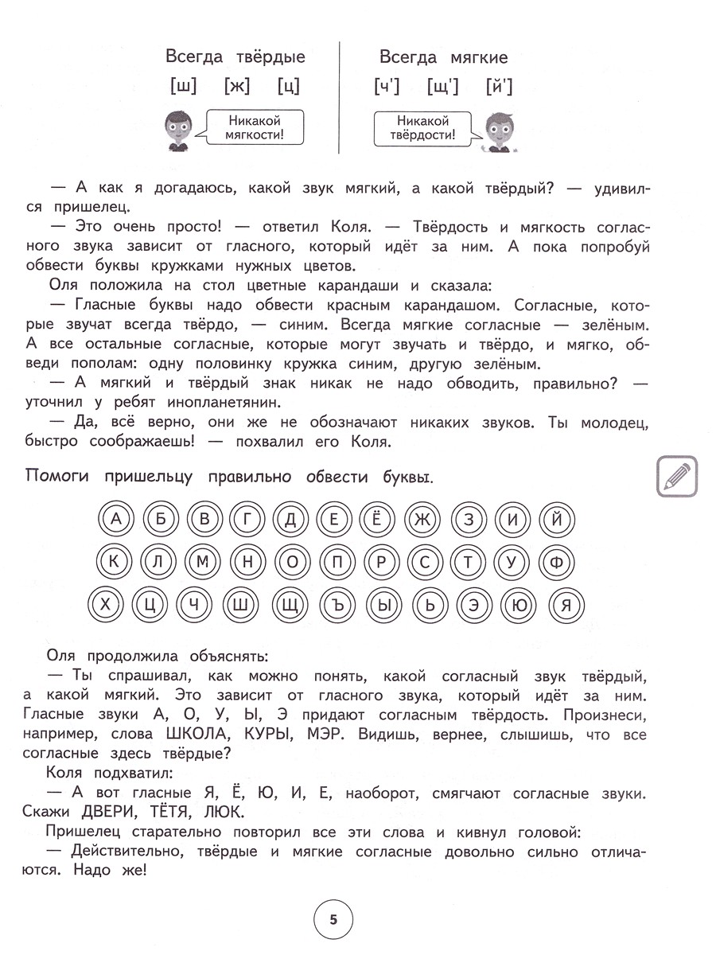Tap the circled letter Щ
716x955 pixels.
click(x=290, y=606)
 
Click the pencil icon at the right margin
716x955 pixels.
click(x=678, y=476)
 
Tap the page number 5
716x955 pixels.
click(x=333, y=919)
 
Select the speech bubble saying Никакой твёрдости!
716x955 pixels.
click(x=424, y=128)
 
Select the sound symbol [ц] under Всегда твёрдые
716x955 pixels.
click(x=289, y=86)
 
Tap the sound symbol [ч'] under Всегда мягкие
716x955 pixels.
click(x=386, y=86)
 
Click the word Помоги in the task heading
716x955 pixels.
click(x=60, y=477)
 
